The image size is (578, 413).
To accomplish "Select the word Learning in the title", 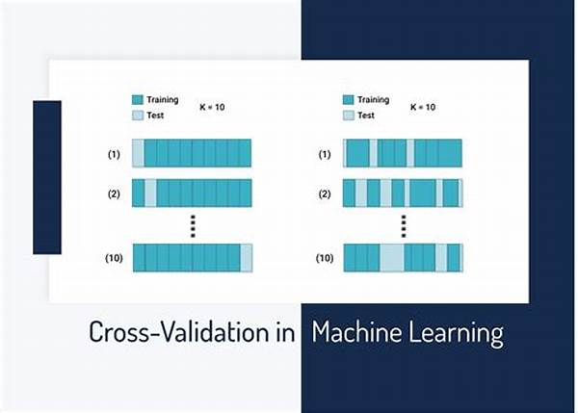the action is tap(456, 333).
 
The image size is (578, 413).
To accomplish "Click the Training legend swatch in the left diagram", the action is tap(138, 100).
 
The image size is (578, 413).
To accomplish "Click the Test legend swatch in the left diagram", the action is tap(138, 116).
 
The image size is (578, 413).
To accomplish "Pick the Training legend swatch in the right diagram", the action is tap(349, 100).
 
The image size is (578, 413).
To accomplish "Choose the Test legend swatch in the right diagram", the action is tap(349, 116).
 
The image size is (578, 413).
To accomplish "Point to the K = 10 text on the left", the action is tap(212, 107).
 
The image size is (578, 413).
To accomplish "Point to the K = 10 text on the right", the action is tap(423, 107).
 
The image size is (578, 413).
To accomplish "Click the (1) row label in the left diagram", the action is tap(114, 154).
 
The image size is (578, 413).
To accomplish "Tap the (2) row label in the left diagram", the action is tap(114, 194).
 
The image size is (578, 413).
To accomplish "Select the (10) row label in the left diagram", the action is tap(114, 258).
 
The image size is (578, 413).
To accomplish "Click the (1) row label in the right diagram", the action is tap(325, 154).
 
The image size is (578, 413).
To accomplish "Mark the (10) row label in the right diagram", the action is tap(325, 258).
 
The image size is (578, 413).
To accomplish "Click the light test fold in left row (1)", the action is tap(138, 153).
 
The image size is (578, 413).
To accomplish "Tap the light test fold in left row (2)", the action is tap(150, 194).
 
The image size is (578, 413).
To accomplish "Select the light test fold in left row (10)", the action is tap(247, 258).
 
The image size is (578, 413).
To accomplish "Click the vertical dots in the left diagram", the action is tap(193, 226).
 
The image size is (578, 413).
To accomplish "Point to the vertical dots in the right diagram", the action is tap(404, 226).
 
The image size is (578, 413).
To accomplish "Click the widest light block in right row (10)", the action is tap(392, 258).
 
